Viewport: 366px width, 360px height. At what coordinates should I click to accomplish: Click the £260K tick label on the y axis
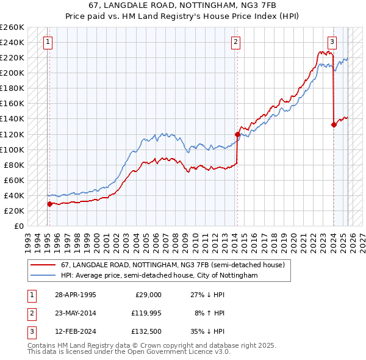(12, 27)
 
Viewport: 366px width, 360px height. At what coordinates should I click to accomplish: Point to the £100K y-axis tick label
(12, 149)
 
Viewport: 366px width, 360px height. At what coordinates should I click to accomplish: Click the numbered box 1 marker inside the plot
(48, 42)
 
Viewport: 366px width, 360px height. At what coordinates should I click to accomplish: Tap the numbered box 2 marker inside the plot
(236, 42)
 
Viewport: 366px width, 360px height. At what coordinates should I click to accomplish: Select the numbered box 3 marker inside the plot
(332, 42)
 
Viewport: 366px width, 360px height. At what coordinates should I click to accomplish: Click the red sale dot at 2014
(237, 134)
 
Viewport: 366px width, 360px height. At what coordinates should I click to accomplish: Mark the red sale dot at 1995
(49, 204)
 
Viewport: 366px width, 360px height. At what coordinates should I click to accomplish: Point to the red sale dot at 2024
(334, 124)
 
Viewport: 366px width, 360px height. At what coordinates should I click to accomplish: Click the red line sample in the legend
(43, 265)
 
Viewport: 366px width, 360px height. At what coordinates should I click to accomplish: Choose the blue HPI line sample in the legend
(43, 276)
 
